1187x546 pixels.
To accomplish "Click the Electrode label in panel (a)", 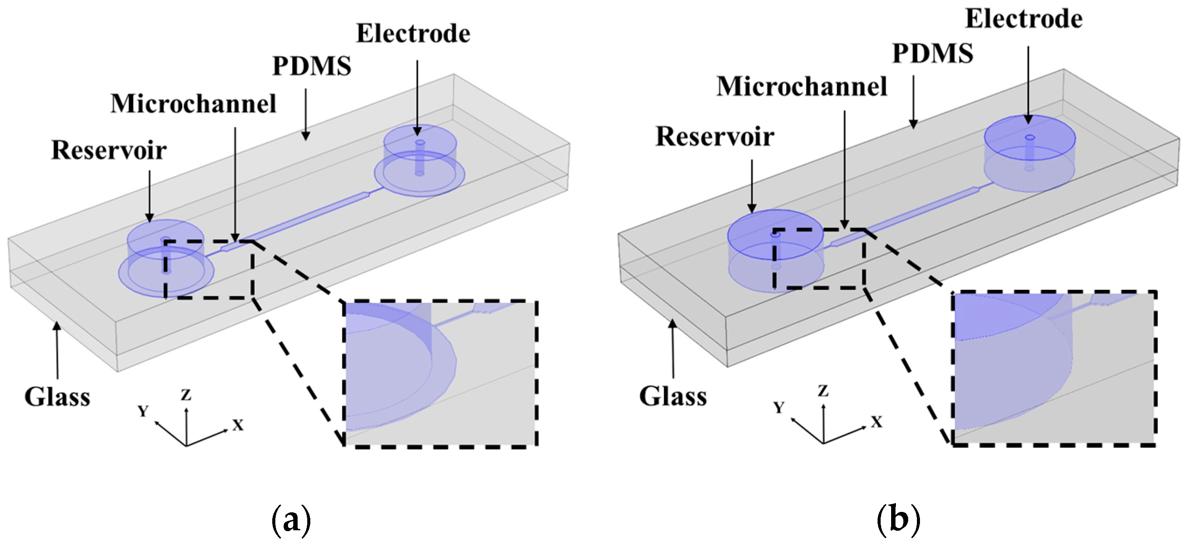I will [x=413, y=34].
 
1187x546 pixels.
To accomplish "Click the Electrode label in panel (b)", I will [x=1024, y=19].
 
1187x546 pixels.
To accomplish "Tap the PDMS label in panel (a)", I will [x=312, y=66].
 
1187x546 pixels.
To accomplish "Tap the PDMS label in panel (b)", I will [x=933, y=53].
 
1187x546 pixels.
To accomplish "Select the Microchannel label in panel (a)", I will [x=193, y=104].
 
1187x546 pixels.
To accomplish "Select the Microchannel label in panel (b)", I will [x=802, y=87].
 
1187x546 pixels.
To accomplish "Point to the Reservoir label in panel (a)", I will [x=109, y=150].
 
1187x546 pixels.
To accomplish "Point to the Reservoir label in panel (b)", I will [x=715, y=137].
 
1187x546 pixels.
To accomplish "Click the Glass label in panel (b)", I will [x=673, y=396].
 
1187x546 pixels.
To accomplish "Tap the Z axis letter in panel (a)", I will [x=186, y=395].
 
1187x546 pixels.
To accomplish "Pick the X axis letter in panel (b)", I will [x=876, y=421].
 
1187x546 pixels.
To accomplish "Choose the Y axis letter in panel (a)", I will [x=143, y=410].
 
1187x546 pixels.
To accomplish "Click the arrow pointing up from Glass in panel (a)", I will [x=57, y=350].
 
